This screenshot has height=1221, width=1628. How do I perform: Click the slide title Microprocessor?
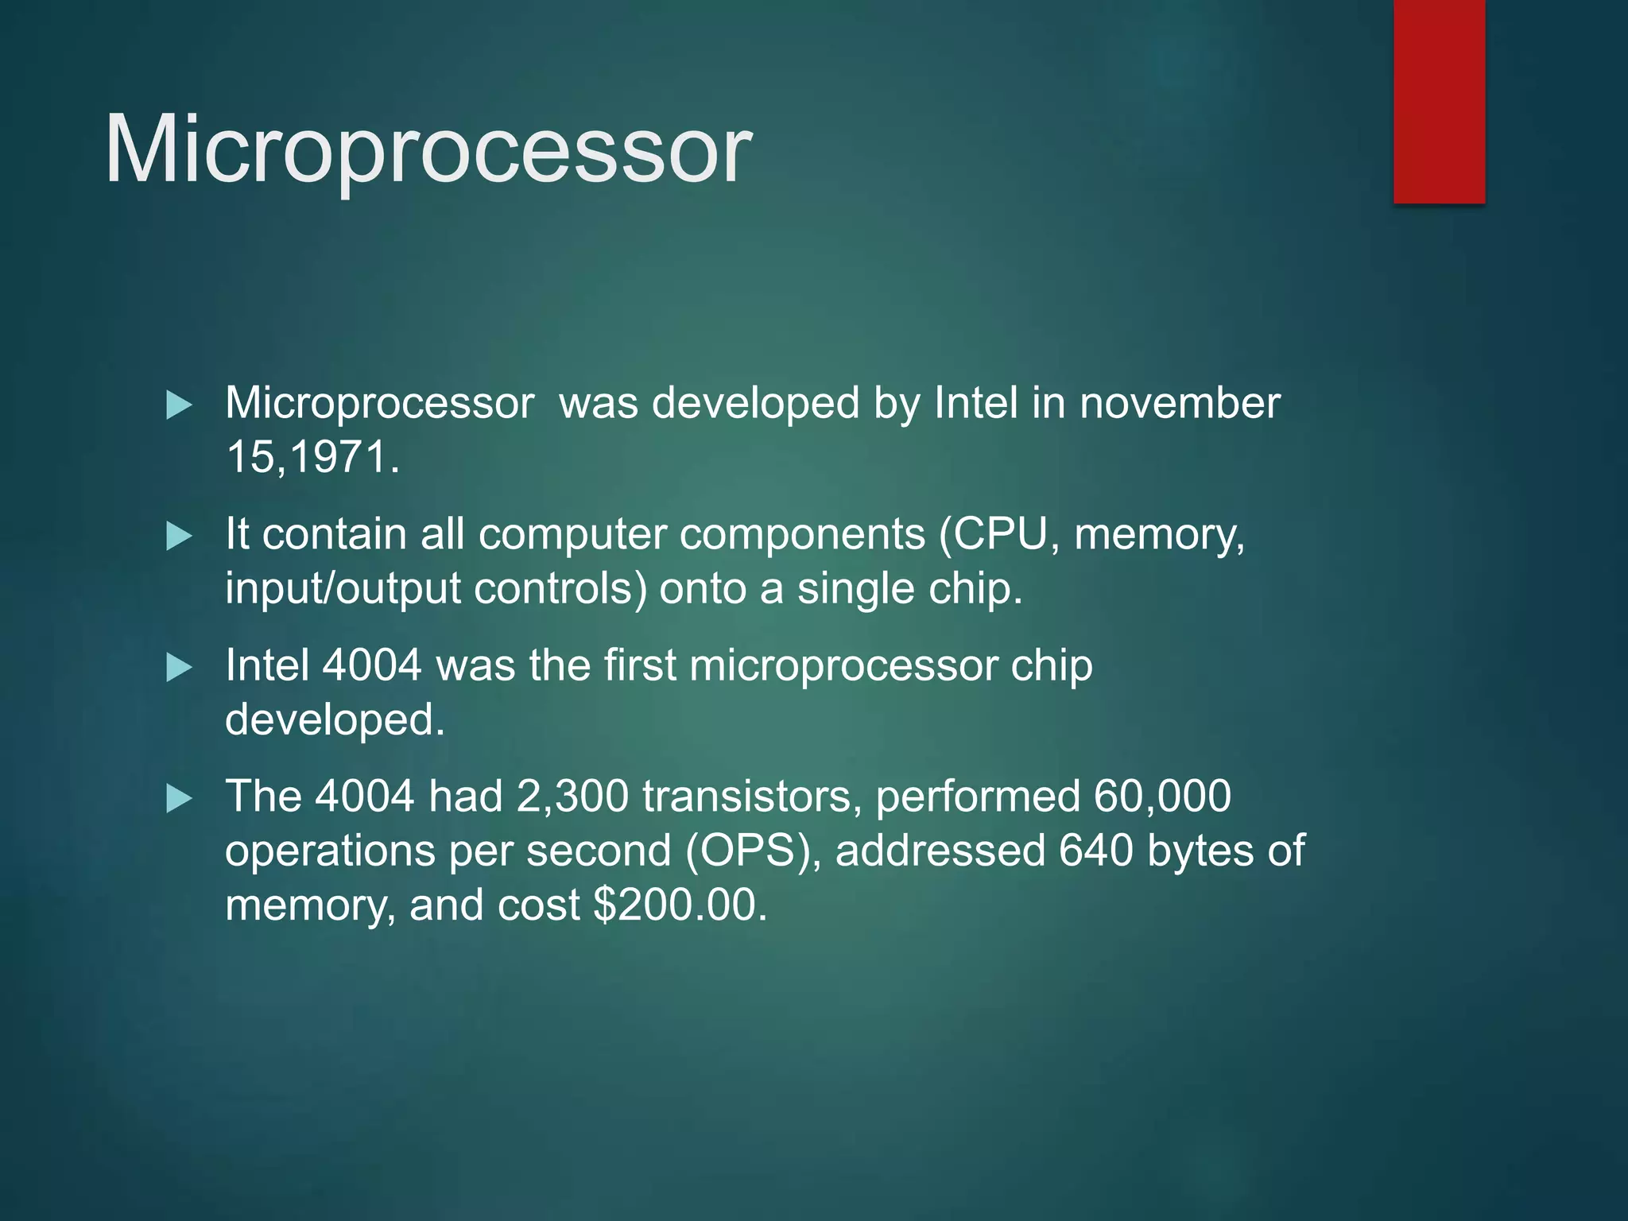coord(428,149)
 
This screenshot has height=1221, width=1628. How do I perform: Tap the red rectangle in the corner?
coord(1439,101)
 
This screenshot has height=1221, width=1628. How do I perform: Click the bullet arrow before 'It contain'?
coord(179,537)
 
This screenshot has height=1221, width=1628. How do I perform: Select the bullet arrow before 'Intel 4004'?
coord(179,668)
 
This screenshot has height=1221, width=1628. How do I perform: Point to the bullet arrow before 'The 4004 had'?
coord(179,798)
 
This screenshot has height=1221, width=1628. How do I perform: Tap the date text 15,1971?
coord(312,457)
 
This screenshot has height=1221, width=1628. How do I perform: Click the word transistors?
coord(752,797)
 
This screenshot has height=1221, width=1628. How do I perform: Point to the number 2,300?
coord(572,797)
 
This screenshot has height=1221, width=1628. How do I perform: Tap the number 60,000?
coord(1162,797)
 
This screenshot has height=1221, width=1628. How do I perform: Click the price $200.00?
coord(680,905)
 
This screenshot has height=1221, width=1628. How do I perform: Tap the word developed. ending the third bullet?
coord(335,720)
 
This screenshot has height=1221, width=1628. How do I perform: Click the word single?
coord(857,589)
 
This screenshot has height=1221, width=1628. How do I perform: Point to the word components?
coord(802,533)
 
